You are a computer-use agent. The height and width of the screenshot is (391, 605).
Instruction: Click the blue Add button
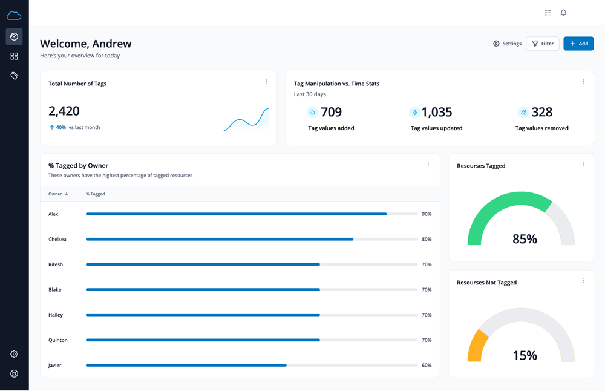pyautogui.click(x=578, y=44)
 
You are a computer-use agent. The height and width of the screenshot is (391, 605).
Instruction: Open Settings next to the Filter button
pyautogui.click(x=507, y=44)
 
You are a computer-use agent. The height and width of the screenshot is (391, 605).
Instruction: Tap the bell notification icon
pyautogui.click(x=563, y=13)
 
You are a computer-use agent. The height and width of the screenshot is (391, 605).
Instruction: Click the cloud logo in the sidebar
pyautogui.click(x=14, y=16)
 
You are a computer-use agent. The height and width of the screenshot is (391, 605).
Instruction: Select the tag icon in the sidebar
pyautogui.click(x=14, y=76)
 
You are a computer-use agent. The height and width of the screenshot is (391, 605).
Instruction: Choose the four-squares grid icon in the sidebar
pyautogui.click(x=14, y=56)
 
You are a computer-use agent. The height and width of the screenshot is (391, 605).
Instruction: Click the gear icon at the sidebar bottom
pyautogui.click(x=14, y=354)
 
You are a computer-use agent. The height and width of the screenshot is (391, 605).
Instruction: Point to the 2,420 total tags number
pyautogui.click(x=64, y=111)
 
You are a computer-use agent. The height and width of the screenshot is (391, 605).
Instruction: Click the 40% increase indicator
pyautogui.click(x=57, y=128)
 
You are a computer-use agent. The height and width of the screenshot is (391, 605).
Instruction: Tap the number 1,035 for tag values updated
pyautogui.click(x=437, y=112)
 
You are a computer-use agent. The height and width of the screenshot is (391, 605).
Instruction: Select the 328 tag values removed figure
pyautogui.click(x=541, y=112)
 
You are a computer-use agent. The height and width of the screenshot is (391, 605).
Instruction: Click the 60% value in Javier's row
pyautogui.click(x=427, y=366)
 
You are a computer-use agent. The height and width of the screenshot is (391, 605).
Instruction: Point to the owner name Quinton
pyautogui.click(x=58, y=340)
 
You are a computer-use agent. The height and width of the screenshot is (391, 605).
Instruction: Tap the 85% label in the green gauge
pyautogui.click(x=525, y=239)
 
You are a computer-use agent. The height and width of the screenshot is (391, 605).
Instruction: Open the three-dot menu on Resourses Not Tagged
pyautogui.click(x=583, y=281)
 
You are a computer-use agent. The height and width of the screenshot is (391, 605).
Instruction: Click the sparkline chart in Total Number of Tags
pyautogui.click(x=246, y=120)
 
